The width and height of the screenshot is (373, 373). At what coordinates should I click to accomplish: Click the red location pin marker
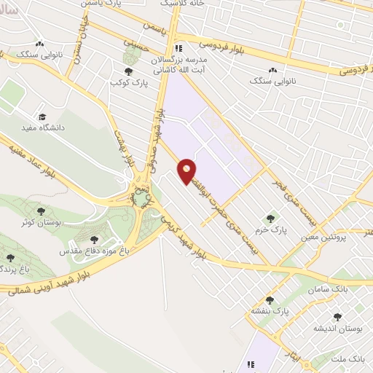(x=187, y=170)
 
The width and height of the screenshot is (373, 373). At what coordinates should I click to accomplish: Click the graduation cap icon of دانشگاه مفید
(x=42, y=117)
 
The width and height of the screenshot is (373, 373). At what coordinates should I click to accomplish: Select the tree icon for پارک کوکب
(x=128, y=71)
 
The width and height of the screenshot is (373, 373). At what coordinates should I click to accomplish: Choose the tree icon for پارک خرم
(x=270, y=217)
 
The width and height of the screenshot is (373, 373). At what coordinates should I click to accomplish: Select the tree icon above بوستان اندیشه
(x=336, y=317)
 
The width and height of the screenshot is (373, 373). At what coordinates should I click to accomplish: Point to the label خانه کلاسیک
(x=186, y=4)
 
